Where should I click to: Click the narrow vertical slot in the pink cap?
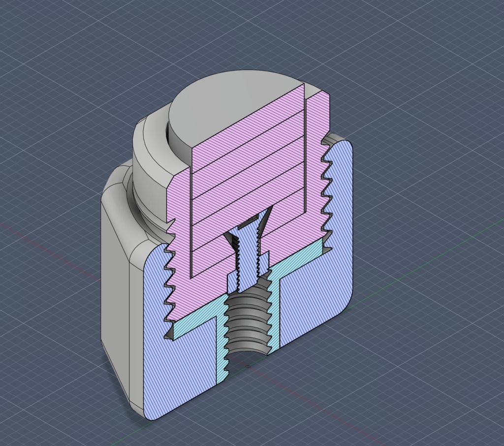click(305, 148)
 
